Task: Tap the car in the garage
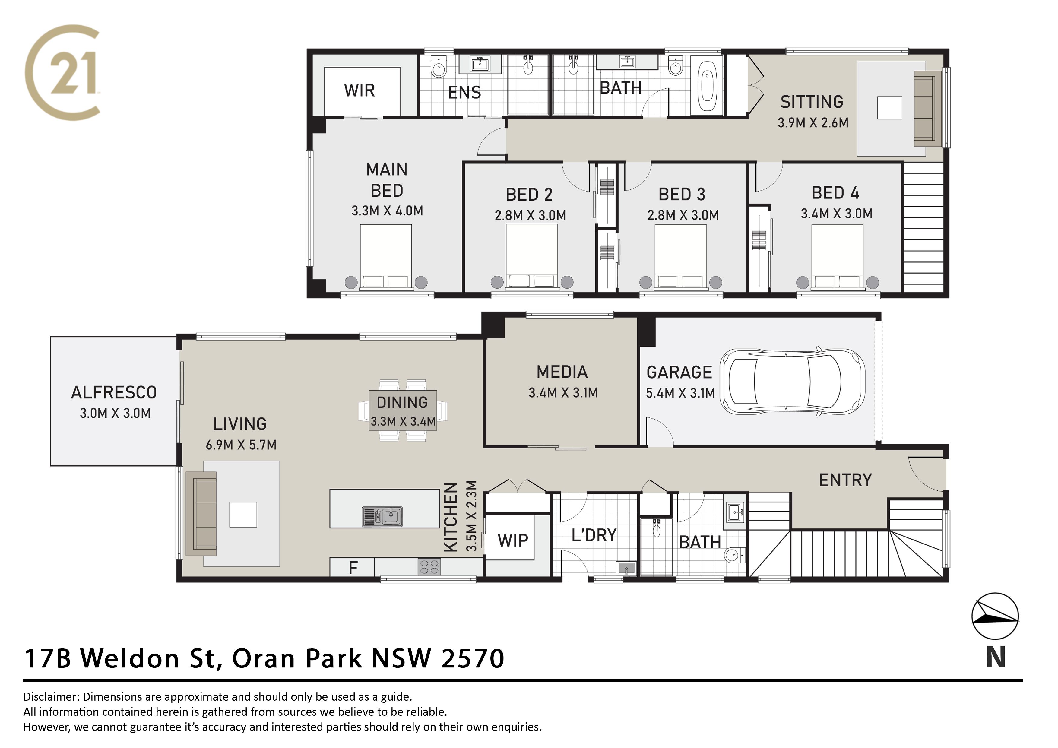point(793,382)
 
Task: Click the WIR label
point(360,90)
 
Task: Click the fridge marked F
point(353,567)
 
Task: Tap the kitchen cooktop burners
point(429,566)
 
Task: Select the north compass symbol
point(995,616)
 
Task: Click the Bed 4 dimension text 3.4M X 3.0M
point(836,213)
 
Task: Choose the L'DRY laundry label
point(594,535)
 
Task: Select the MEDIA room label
point(562,372)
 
